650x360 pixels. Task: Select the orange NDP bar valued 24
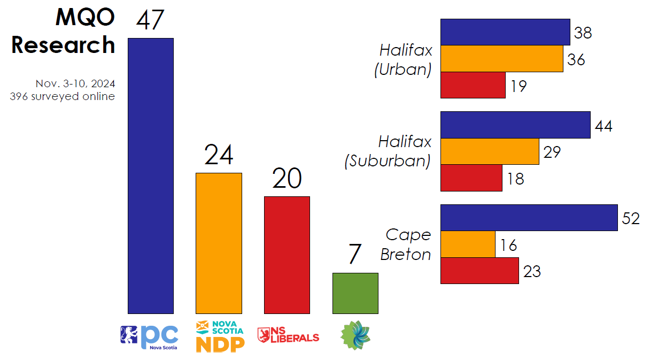219,243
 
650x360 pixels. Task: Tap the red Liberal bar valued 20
287,255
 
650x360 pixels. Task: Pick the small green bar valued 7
355,293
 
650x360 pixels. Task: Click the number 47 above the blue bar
150,20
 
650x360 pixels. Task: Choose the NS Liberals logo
288,336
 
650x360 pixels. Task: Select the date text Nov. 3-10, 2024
75,84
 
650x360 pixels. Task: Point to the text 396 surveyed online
63,97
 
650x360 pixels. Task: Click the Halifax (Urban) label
405,60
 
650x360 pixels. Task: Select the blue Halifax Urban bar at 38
505,32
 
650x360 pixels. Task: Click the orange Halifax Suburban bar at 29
490,151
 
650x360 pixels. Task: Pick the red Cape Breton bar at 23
479,271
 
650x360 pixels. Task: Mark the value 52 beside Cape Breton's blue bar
631,219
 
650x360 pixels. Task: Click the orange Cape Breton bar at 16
468,244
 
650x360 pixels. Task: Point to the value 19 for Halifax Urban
518,86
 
